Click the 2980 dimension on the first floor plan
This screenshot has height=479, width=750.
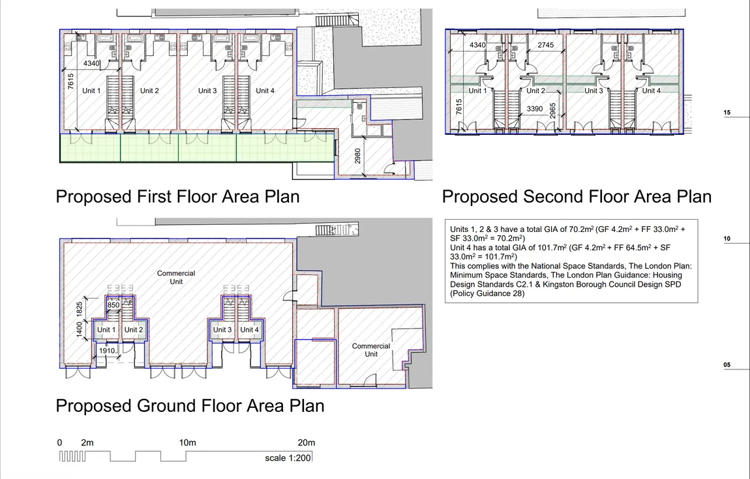(358, 156)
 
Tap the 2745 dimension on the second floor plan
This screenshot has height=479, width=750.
(546, 45)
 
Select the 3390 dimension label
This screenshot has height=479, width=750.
(535, 109)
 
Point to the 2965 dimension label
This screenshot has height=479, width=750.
(552, 111)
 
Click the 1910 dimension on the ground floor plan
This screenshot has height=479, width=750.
(107, 351)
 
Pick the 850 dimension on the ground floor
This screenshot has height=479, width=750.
(113, 305)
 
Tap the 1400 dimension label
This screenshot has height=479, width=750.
(80, 329)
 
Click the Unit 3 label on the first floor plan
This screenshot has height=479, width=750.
(207, 91)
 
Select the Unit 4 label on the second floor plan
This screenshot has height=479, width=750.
(652, 91)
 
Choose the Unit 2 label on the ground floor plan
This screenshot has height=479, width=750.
(134, 330)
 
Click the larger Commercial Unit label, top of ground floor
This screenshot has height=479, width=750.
(176, 277)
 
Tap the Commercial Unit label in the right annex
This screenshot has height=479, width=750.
(371, 350)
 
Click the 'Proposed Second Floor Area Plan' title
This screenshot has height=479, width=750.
(577, 196)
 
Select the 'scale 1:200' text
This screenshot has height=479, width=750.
(288, 458)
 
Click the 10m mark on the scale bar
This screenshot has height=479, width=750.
(188, 443)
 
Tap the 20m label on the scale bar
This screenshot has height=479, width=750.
(306, 443)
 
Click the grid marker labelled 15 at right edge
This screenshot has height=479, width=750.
(727, 113)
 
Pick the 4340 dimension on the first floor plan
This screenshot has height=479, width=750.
(91, 64)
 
